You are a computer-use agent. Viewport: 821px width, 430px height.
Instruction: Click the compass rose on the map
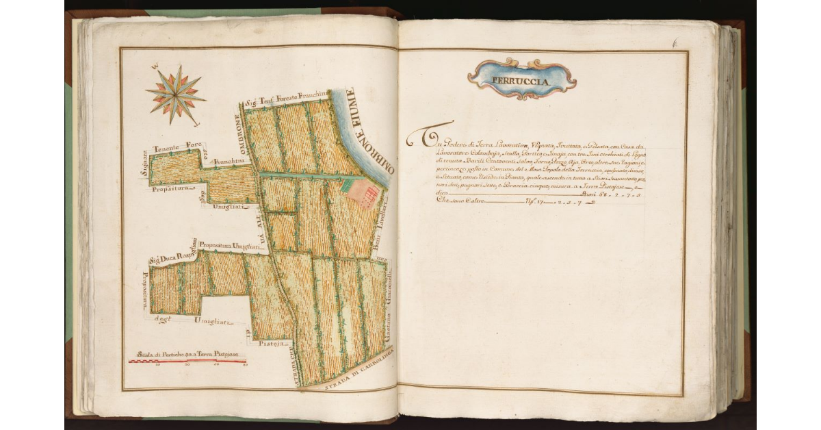pyautogui.click(x=175, y=94)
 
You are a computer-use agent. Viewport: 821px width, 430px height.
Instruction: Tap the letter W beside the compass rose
pyautogui.click(x=155, y=66)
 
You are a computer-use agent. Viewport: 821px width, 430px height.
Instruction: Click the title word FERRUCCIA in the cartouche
pyautogui.click(x=522, y=80)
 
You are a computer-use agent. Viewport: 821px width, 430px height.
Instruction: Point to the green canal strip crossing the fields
pyautogui.click(x=301, y=176)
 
